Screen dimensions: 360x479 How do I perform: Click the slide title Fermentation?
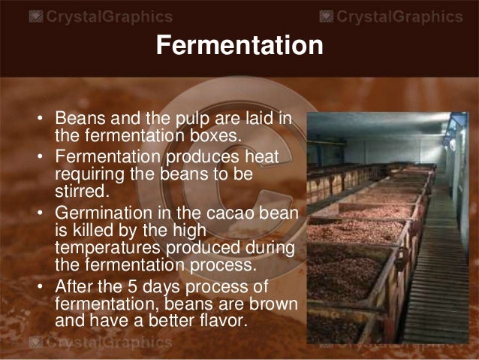[239, 46]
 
